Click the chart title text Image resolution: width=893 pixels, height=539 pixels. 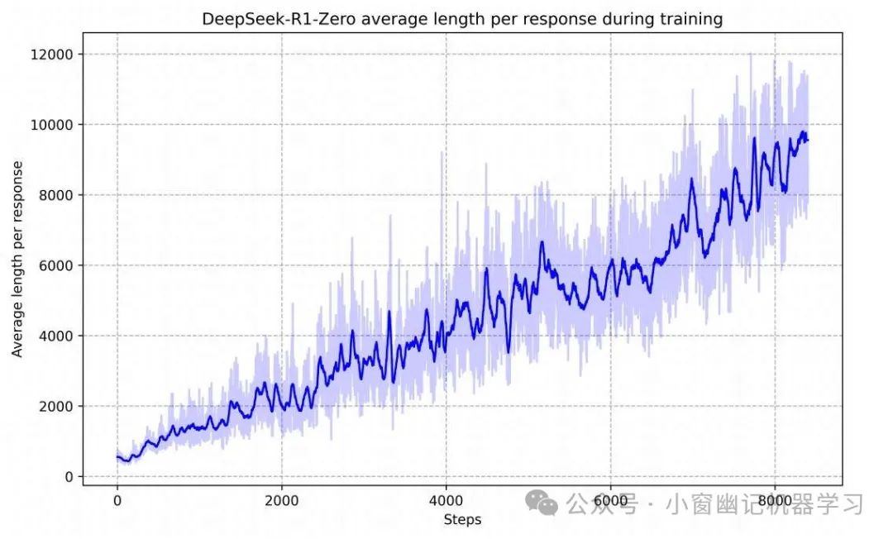[462, 19]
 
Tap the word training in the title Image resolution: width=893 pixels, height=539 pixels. [691, 19]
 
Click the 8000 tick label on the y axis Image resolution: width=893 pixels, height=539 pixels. [58, 195]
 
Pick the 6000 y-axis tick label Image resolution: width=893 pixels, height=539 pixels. [58, 265]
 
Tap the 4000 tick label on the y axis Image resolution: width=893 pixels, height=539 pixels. [58, 336]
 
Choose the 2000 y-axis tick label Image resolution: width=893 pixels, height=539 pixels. [58, 406]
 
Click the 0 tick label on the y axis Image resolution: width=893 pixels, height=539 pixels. [69, 476]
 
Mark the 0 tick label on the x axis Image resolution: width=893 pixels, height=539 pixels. [117, 500]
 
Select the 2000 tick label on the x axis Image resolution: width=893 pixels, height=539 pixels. [281, 500]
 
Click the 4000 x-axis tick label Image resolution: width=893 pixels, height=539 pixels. [446, 500]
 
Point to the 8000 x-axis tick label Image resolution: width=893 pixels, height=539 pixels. [775, 500]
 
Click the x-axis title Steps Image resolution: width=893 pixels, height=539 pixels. [462, 520]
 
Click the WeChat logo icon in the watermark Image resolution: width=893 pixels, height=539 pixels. [544, 502]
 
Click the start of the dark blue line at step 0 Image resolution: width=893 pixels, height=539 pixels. [117, 456]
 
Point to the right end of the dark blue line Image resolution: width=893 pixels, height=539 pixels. [807, 140]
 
